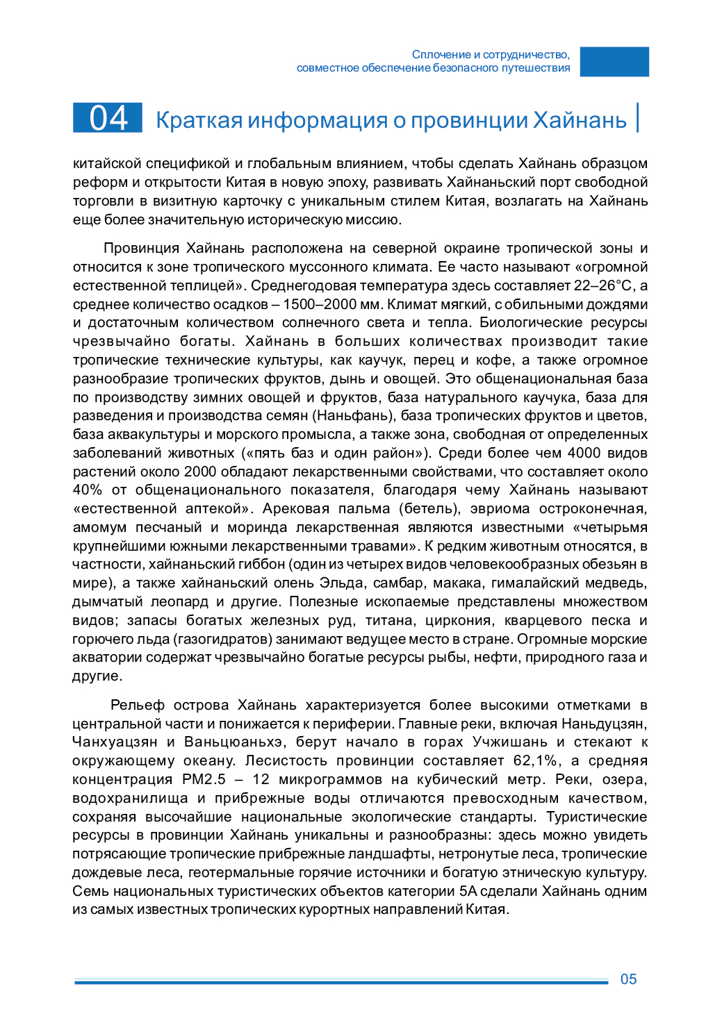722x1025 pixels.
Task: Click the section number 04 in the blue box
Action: pos(108,118)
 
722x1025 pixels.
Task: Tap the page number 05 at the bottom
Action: pos(628,979)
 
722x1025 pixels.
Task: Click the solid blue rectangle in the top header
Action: pos(614,62)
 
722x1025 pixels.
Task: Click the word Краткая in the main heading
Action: pos(199,120)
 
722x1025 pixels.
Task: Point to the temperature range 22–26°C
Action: pos(603,285)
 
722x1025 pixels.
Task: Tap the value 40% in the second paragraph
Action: pos(87,490)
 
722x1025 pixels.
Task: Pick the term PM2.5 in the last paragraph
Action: pos(204,779)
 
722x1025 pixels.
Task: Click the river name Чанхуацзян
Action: pos(115,742)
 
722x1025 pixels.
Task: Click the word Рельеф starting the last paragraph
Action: pos(138,705)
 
